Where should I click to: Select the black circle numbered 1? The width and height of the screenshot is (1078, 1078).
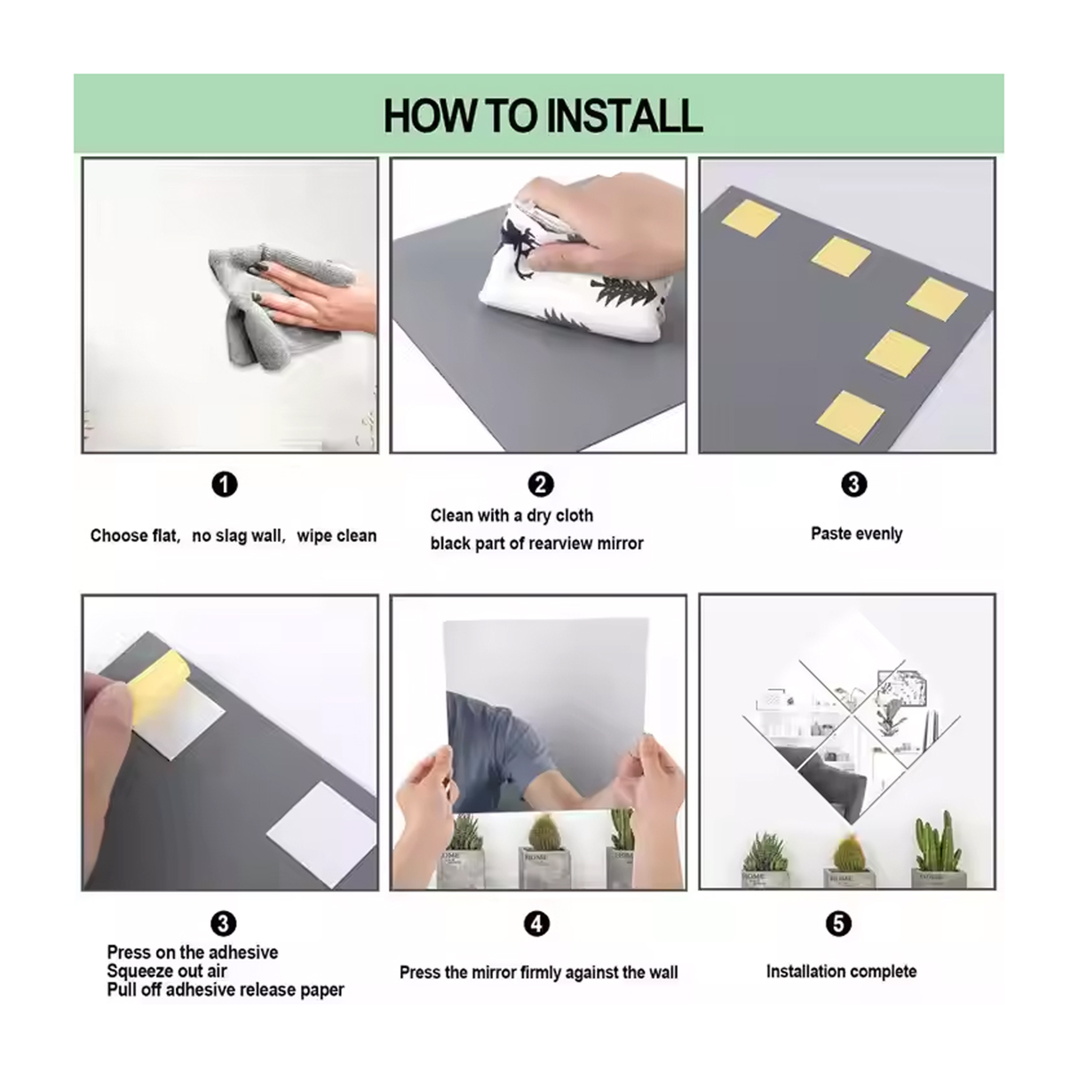point(225,485)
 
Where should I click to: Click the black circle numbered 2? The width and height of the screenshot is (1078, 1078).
point(541,485)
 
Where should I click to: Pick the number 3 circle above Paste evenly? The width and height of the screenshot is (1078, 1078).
point(853,485)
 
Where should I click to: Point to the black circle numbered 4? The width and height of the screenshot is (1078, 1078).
point(536,923)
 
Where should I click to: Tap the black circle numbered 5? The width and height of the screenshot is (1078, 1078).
point(838,923)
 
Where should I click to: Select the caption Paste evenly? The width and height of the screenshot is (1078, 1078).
point(857,534)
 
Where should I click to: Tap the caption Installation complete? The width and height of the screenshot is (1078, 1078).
point(842,971)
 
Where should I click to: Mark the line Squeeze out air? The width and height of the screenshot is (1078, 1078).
point(167,971)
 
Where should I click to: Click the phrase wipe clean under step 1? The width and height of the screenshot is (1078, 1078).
point(337,536)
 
